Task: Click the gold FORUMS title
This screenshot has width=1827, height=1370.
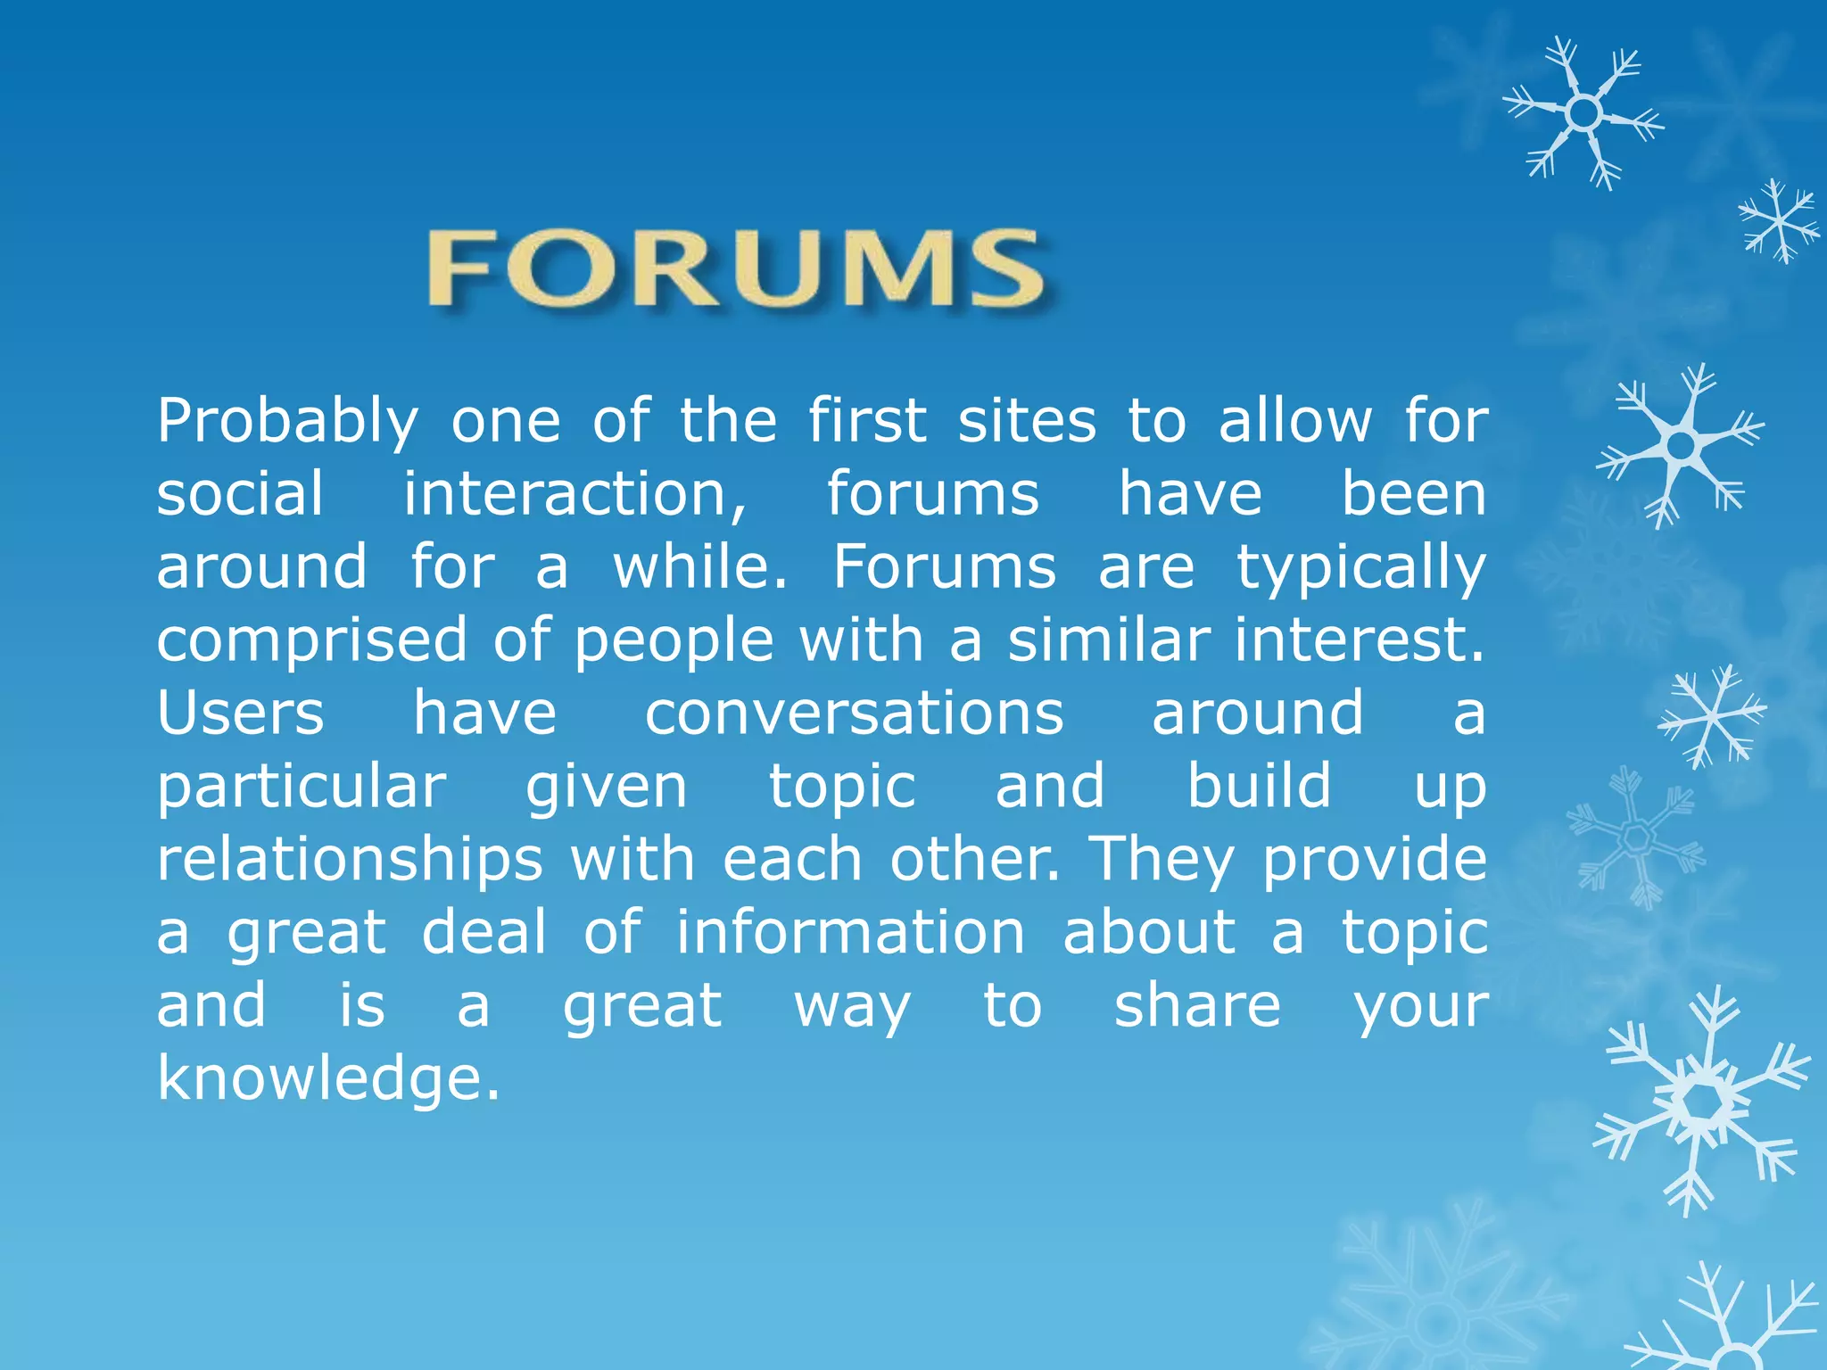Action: pos(737,268)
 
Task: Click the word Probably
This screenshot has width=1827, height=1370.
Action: pos(287,421)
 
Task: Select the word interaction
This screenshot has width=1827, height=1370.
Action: pos(575,494)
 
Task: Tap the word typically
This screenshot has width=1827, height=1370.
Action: pos(1361,568)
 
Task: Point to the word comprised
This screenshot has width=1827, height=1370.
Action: pos(311,641)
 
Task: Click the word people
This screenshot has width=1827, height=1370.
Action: pos(674,641)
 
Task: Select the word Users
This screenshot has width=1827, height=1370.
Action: pos(241,714)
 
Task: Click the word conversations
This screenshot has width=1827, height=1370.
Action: pos(854,714)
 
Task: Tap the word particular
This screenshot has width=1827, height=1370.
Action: pos(302,787)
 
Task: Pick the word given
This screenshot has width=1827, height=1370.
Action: pos(607,787)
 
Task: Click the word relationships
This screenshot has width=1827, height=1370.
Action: pos(350,860)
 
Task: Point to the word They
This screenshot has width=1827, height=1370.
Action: pos(1162,860)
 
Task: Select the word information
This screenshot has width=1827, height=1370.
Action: pos(850,932)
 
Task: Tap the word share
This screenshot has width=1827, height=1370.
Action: pos(1197,1005)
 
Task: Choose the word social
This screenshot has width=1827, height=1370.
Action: pos(241,494)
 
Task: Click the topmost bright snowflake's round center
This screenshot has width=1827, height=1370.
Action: pos(1583,113)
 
